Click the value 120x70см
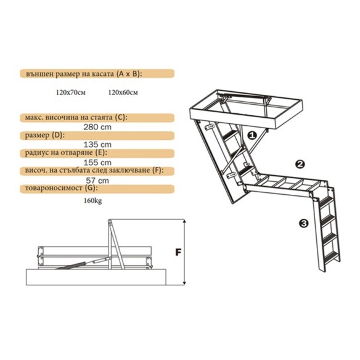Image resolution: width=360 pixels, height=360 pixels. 71,92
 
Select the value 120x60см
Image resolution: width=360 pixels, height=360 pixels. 123,92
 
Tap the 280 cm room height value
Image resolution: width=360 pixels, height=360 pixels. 97,127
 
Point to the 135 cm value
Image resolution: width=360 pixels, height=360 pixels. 97,145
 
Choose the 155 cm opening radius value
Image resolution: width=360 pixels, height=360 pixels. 97,163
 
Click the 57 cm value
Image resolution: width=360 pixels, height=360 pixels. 97,181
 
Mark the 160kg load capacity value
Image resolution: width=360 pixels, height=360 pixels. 92,201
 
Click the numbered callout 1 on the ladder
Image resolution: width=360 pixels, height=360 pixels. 252,135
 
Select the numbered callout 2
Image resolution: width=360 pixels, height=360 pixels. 300,164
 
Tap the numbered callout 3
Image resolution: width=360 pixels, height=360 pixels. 304,223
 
